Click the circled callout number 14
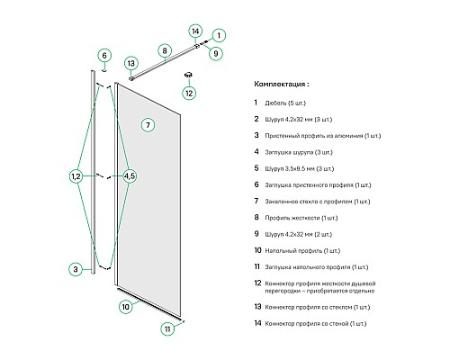click(195, 31)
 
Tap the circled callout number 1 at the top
click(219, 35)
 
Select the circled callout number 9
click(215, 53)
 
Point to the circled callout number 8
click(165, 50)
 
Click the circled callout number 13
click(131, 64)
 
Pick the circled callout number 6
click(104, 56)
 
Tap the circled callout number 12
click(189, 93)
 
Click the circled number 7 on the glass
click(148, 125)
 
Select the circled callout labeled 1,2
click(76, 176)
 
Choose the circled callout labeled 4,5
click(130, 176)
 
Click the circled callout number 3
click(76, 269)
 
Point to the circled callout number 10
click(125, 307)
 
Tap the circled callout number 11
click(167, 328)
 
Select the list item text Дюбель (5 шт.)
click(285, 103)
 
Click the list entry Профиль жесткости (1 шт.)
click(301, 218)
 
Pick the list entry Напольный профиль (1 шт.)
click(302, 250)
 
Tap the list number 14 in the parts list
click(257, 323)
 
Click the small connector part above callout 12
click(189, 75)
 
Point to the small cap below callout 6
click(104, 70)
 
